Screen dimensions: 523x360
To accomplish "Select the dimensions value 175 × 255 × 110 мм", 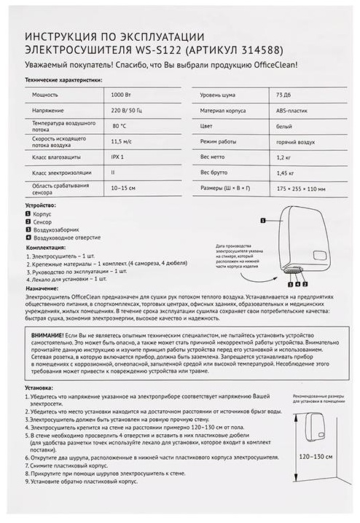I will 301,189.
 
